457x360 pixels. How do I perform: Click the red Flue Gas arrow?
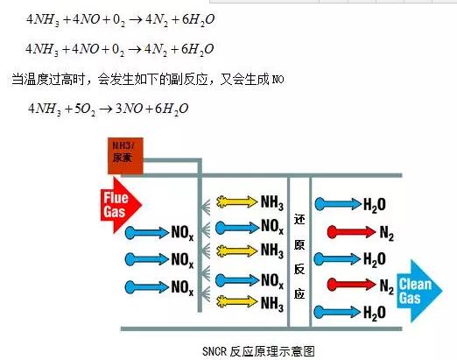pos(121,205)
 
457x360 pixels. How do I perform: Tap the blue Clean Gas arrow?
pos(419,291)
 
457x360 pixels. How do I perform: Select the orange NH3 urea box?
pos(125,156)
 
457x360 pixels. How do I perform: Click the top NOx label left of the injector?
pos(182,233)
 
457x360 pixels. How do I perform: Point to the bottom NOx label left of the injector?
pos(182,287)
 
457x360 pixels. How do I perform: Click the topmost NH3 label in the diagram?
pos(272,202)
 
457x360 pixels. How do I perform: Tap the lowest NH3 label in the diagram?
pos(272,303)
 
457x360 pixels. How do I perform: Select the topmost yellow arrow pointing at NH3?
pos(237,201)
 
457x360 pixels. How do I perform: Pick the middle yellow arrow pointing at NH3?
pos(237,251)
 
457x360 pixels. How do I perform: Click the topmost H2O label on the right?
pos(375,205)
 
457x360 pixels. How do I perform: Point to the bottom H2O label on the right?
pos(375,313)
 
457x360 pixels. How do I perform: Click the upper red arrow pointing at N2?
pos(351,232)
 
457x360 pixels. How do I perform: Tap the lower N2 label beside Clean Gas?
pos(387,286)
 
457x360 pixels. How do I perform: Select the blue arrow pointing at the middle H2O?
pos(338,259)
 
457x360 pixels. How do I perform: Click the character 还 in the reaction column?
pos(299,219)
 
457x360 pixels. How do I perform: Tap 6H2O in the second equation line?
pos(198,49)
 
